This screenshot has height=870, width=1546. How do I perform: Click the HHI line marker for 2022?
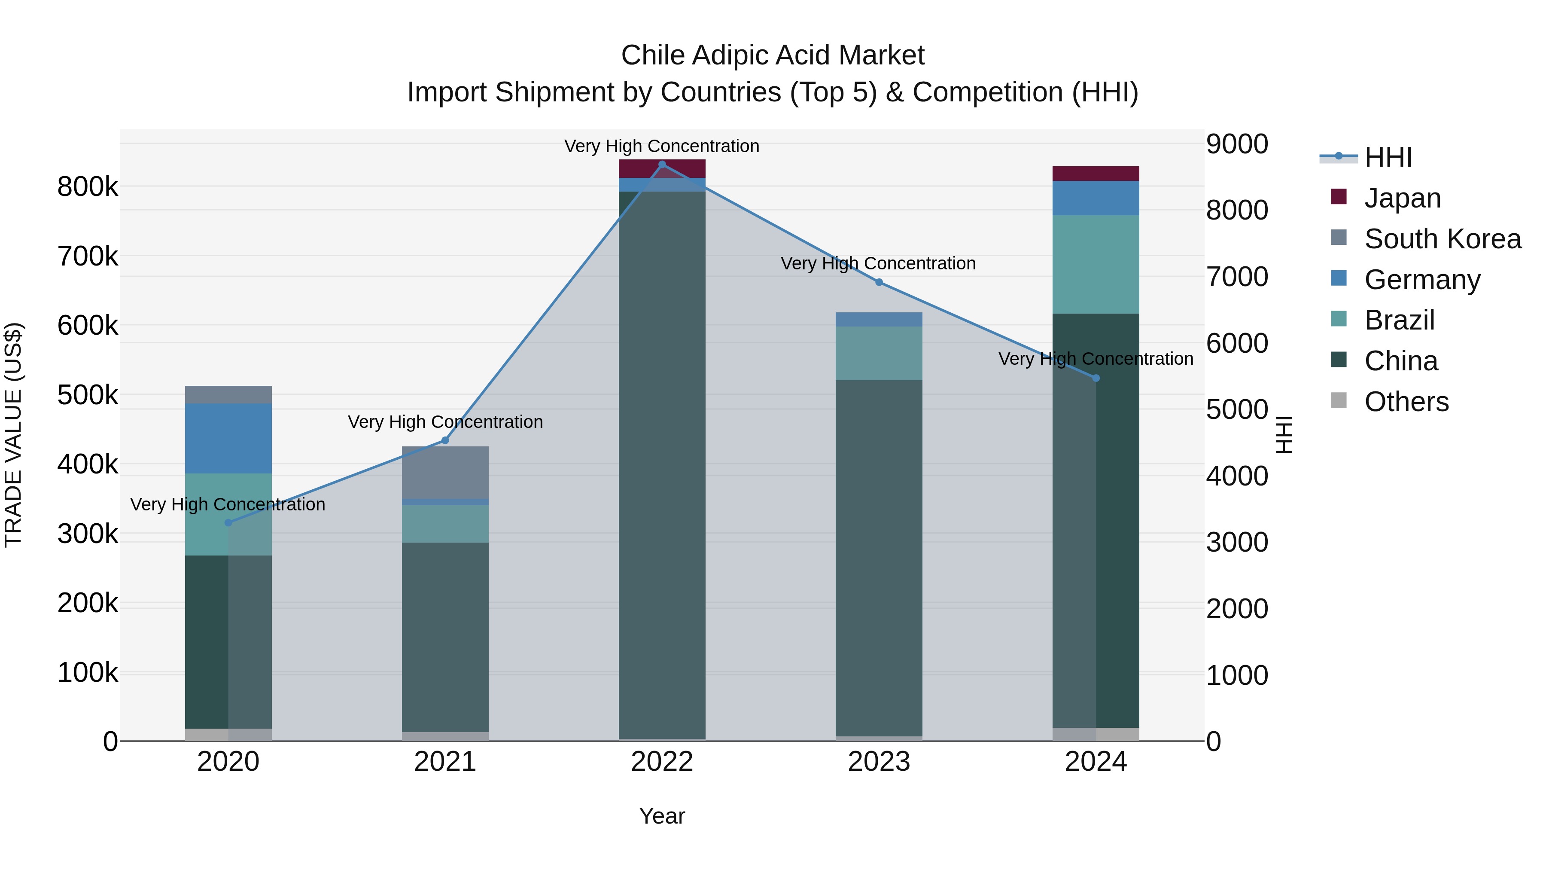tap(662, 165)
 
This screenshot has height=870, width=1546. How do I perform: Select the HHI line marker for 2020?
tap(228, 523)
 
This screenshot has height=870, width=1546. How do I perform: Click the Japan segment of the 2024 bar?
tap(1096, 174)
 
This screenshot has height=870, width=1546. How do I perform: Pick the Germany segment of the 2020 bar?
tap(228, 438)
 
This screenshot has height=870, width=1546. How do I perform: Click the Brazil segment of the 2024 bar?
tap(1096, 264)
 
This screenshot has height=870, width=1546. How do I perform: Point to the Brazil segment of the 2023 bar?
tap(879, 353)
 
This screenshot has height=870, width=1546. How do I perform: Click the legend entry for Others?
tap(1406, 402)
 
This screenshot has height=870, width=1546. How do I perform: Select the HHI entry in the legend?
tap(1388, 157)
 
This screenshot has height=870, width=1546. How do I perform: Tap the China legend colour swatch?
tap(1338, 360)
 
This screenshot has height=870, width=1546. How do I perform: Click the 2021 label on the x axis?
tap(445, 762)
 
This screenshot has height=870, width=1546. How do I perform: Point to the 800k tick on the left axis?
tap(88, 187)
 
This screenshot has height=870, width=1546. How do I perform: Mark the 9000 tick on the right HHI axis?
tap(1236, 144)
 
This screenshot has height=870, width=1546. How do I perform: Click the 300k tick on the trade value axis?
tap(88, 534)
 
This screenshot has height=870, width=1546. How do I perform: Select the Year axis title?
tap(662, 816)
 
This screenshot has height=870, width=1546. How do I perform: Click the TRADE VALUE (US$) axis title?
tap(13, 435)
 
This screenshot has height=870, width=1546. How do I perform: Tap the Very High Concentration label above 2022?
tap(662, 146)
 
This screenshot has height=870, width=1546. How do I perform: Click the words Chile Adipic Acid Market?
tap(773, 55)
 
